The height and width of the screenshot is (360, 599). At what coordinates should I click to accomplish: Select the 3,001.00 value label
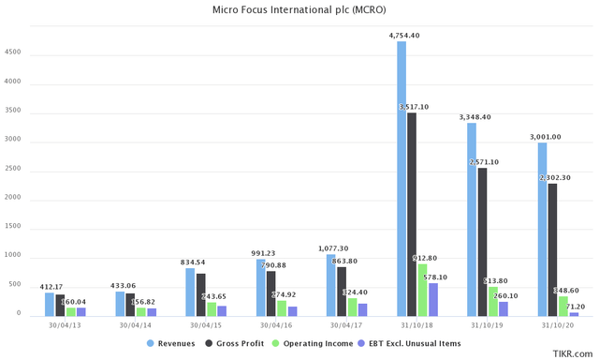tap(544, 137)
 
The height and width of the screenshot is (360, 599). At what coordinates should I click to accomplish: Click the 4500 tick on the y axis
tap(13, 53)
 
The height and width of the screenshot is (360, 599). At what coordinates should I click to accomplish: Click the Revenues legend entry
tap(172, 344)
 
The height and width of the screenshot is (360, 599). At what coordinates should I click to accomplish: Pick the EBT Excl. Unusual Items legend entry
tap(412, 344)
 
